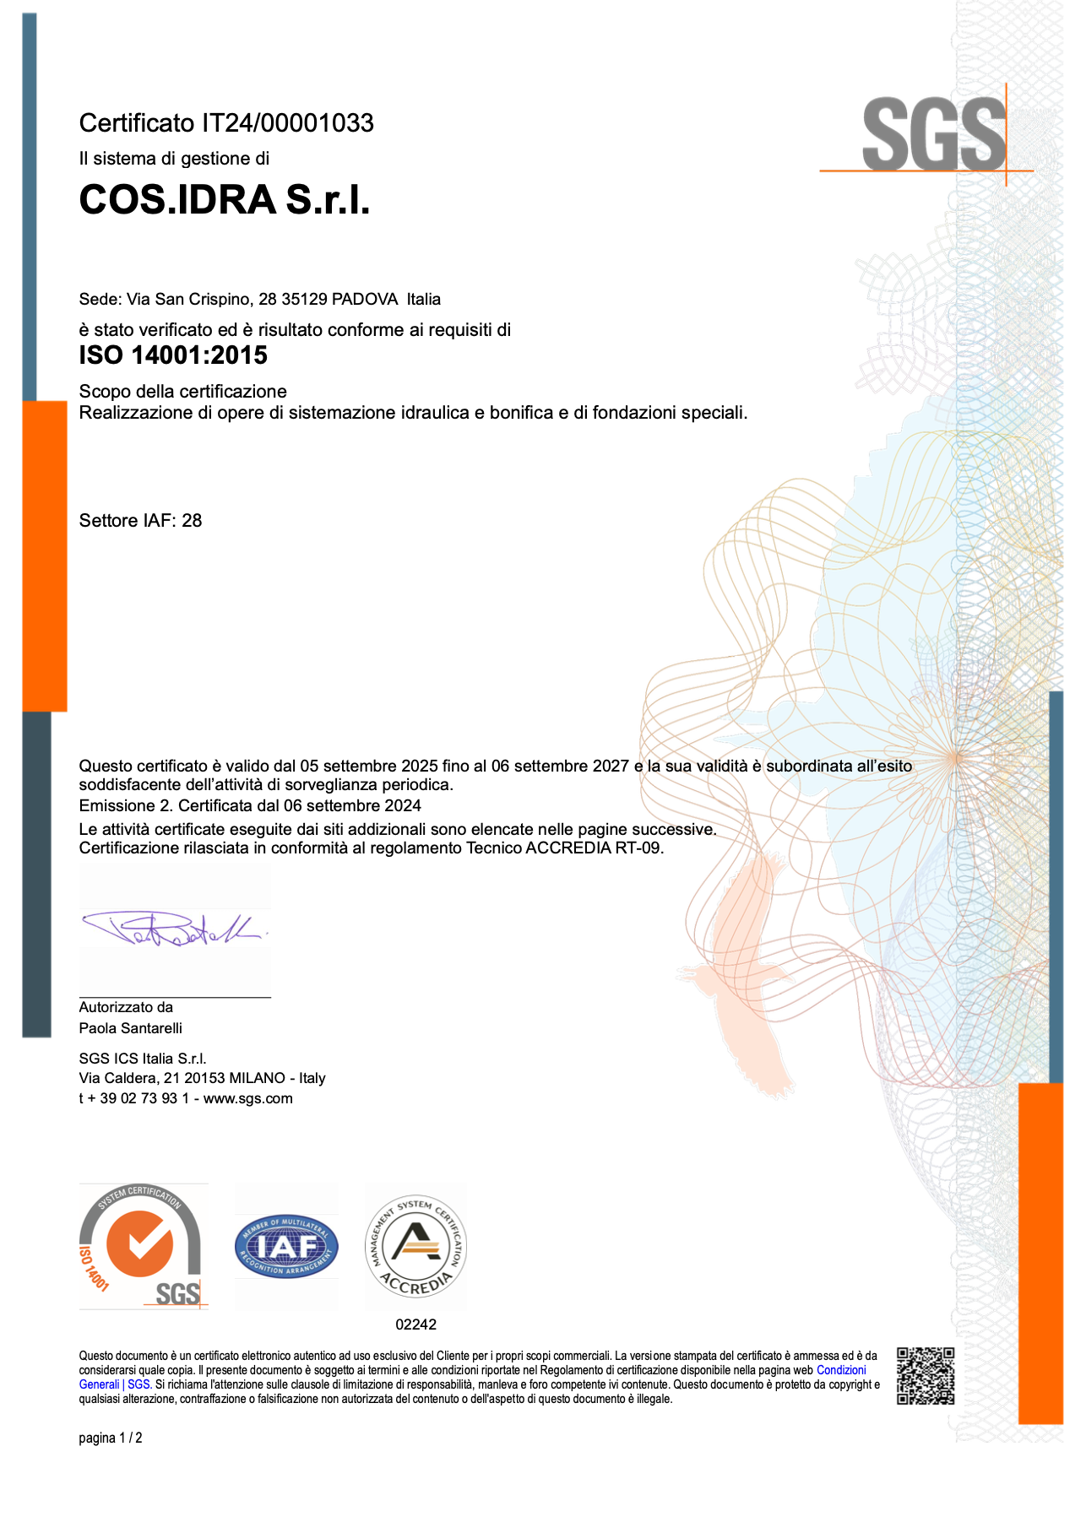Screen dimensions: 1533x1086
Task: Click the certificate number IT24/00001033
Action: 287,123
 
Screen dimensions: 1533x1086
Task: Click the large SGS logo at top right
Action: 934,134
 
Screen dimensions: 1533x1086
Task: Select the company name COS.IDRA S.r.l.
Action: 225,200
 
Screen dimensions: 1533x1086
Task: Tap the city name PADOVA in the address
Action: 364,299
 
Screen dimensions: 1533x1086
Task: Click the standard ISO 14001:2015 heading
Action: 173,355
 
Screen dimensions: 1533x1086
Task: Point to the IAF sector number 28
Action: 192,521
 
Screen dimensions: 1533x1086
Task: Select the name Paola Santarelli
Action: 130,1028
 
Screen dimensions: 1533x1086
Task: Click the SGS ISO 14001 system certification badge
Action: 143,1246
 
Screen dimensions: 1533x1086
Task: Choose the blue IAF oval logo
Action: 286,1247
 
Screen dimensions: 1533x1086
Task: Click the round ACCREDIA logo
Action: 415,1246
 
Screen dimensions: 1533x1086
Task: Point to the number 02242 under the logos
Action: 415,1324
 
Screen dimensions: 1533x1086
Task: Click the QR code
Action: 926,1375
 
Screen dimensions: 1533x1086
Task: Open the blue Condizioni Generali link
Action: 840,1370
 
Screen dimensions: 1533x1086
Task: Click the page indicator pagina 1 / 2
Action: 111,1438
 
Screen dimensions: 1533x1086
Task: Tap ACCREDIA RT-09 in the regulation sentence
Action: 594,848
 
